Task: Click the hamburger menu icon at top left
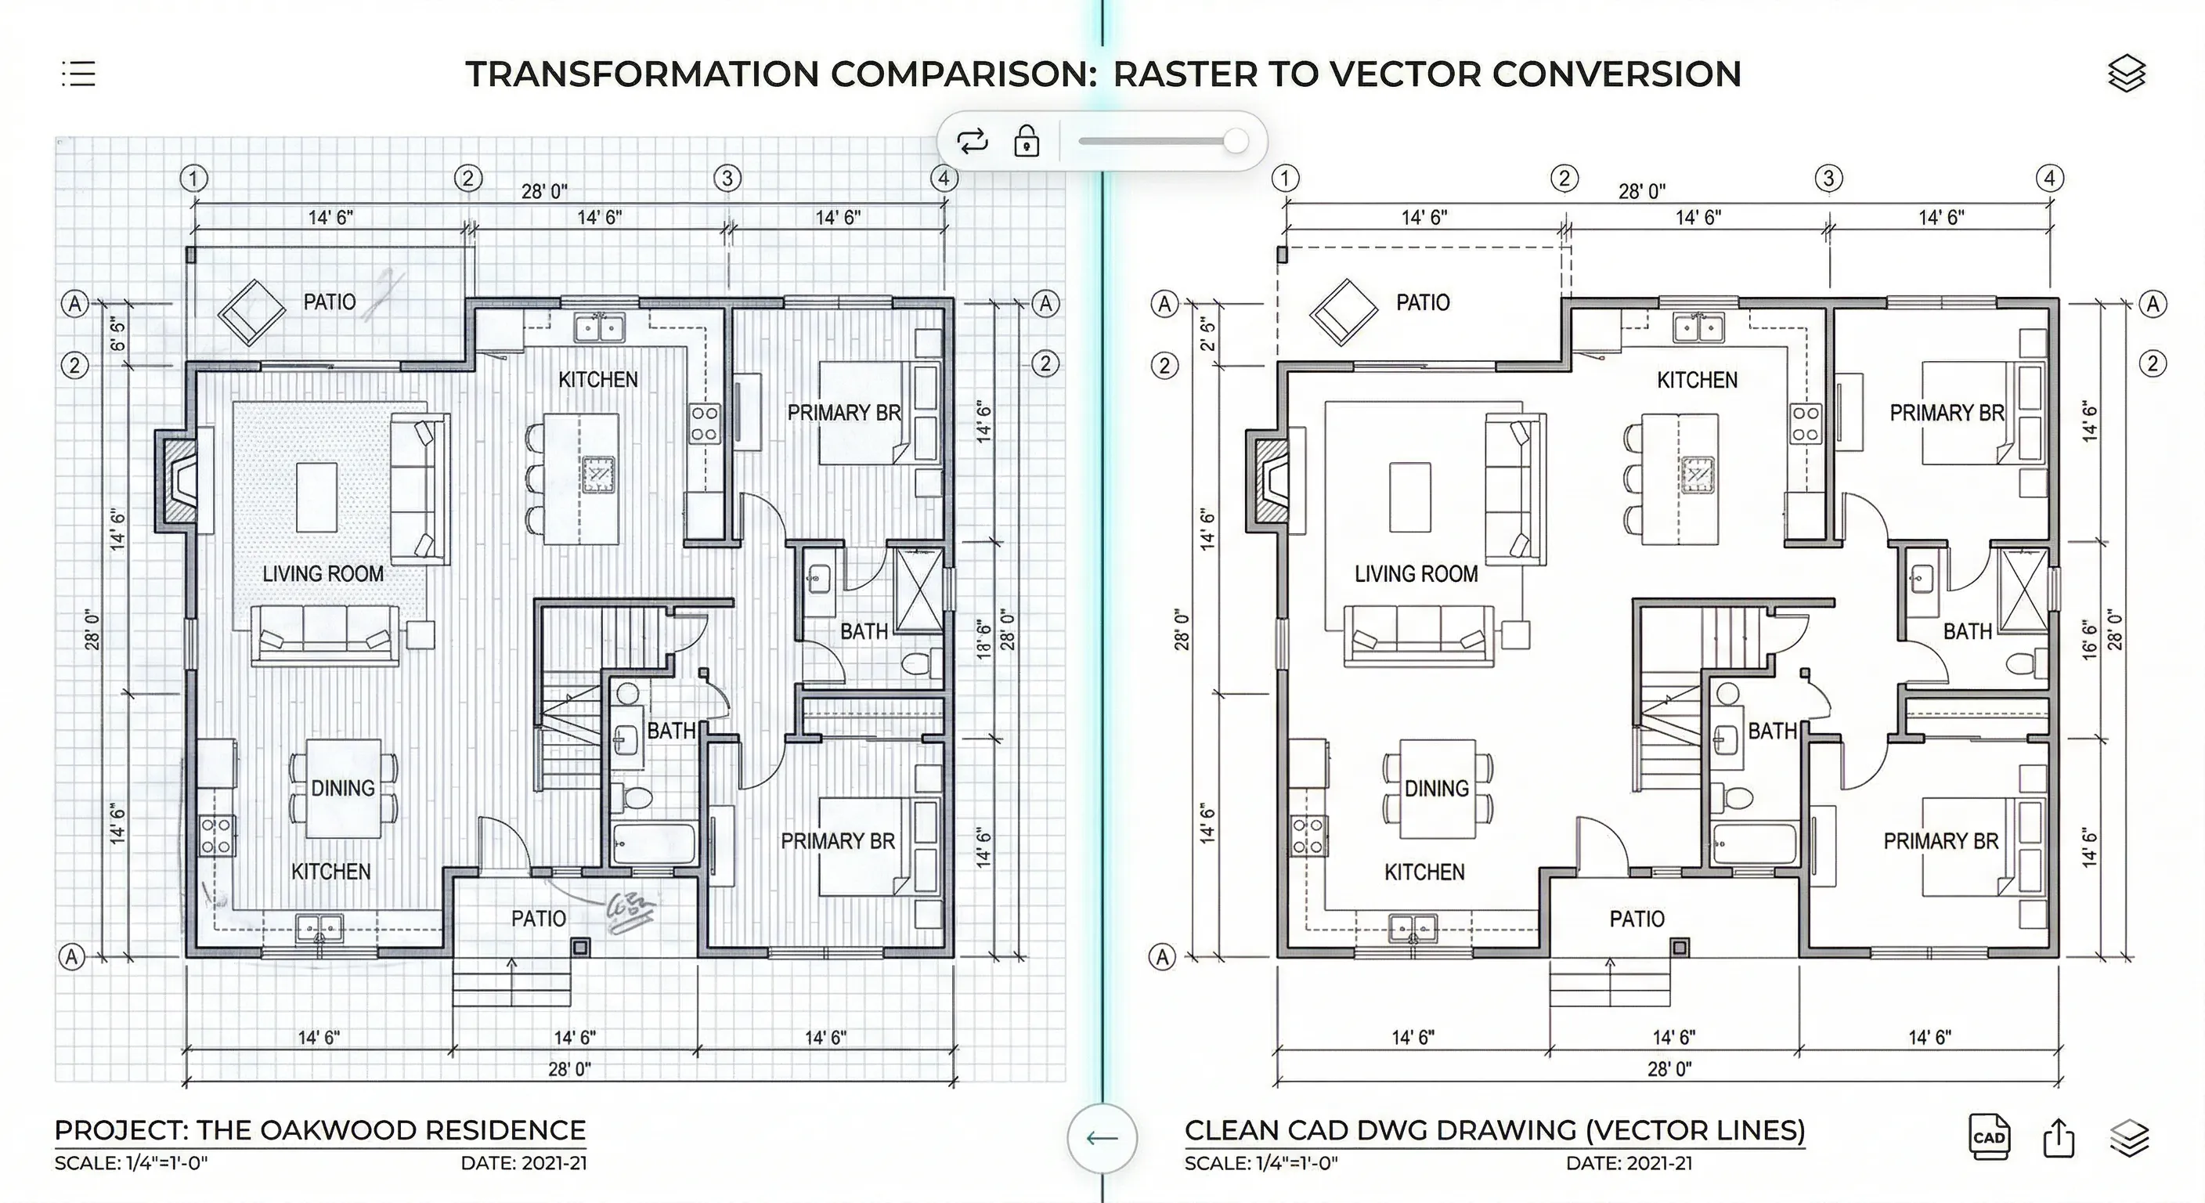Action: [79, 74]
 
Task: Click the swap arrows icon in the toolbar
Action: [973, 140]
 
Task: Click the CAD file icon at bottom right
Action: [1988, 1137]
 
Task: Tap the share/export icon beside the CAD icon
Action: [2059, 1138]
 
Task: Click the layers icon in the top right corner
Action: [2126, 74]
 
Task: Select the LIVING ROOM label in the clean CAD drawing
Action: [1416, 573]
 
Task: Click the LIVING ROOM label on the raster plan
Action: [323, 573]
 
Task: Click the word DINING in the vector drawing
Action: [1436, 788]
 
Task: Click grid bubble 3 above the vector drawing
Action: [1828, 178]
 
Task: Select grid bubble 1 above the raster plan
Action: [194, 178]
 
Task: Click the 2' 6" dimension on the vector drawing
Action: [1207, 334]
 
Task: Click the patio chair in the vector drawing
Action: [1343, 312]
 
